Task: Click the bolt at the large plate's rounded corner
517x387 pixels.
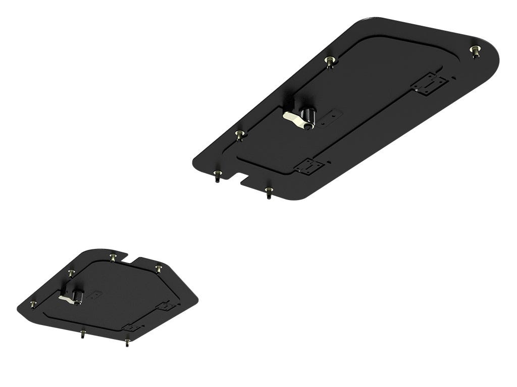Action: point(475,50)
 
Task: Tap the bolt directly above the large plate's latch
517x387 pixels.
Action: point(330,61)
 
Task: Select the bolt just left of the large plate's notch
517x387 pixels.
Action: point(217,175)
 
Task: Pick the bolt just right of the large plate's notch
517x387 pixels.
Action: point(269,191)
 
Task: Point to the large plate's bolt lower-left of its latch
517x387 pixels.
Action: point(240,135)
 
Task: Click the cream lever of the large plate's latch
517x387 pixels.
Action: point(293,118)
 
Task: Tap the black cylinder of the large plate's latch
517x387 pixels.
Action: point(308,116)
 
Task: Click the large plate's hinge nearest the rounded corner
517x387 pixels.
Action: point(429,83)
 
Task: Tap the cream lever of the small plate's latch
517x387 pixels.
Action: point(67,299)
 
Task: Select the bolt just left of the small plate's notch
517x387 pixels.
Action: point(112,257)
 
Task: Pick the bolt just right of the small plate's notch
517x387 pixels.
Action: point(159,268)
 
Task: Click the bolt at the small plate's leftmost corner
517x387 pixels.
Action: point(33,304)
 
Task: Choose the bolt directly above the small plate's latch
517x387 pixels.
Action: point(71,273)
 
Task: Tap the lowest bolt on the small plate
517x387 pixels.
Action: point(127,342)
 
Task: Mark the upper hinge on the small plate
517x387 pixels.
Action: point(166,306)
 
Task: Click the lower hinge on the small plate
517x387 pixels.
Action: point(131,328)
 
